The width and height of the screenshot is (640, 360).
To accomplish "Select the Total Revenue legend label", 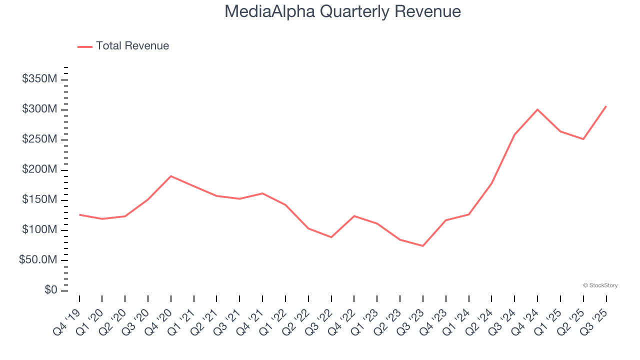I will tap(132, 46).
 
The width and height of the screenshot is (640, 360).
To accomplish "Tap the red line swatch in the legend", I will tap(85, 46).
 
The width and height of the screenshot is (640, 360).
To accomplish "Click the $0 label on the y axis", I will tap(50, 290).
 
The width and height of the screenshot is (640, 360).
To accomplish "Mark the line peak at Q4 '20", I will tap(171, 176).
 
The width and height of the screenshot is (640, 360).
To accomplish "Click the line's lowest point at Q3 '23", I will tap(423, 246).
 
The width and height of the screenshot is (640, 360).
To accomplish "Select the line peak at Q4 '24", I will tap(537, 109).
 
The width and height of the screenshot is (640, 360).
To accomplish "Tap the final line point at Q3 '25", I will tap(606, 106).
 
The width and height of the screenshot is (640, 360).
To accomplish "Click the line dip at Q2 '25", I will tap(583, 139).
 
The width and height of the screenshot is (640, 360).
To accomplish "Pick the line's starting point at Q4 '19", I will tap(79, 214).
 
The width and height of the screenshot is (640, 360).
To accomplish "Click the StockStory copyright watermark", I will tap(600, 285).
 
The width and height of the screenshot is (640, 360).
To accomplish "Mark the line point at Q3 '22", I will tap(331, 237).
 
